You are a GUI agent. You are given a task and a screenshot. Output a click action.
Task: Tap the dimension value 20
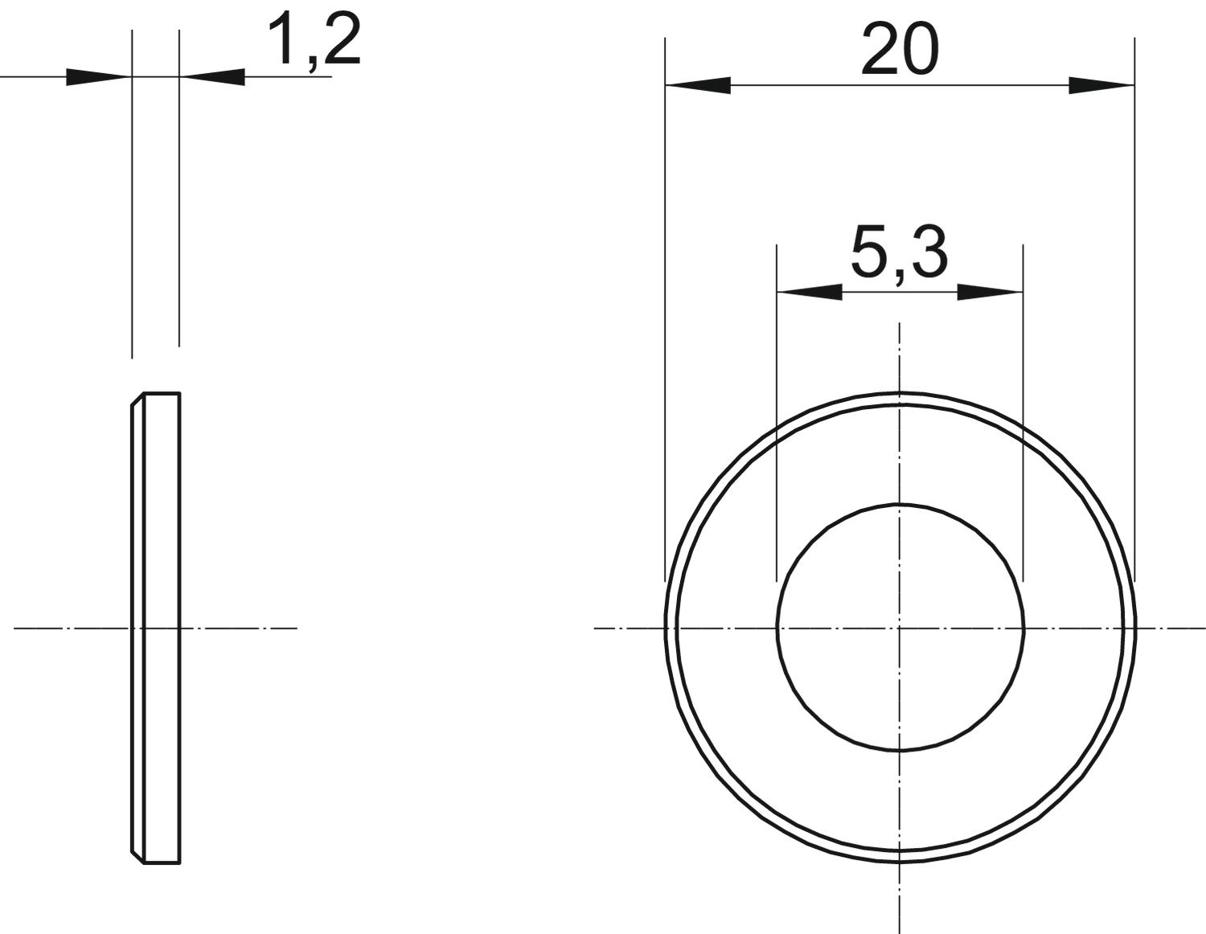900,50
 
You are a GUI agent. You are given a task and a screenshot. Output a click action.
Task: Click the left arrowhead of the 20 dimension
698,85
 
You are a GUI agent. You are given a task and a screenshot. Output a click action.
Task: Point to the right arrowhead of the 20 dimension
1101,85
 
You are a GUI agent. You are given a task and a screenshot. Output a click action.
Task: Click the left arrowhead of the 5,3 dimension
809,292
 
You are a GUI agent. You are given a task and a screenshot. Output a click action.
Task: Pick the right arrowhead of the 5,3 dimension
990,292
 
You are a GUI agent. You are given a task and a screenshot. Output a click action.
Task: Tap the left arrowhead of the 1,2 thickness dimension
99,77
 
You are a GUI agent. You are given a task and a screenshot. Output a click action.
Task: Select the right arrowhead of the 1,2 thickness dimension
212,77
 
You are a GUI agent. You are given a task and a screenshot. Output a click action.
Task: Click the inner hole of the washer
900,505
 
